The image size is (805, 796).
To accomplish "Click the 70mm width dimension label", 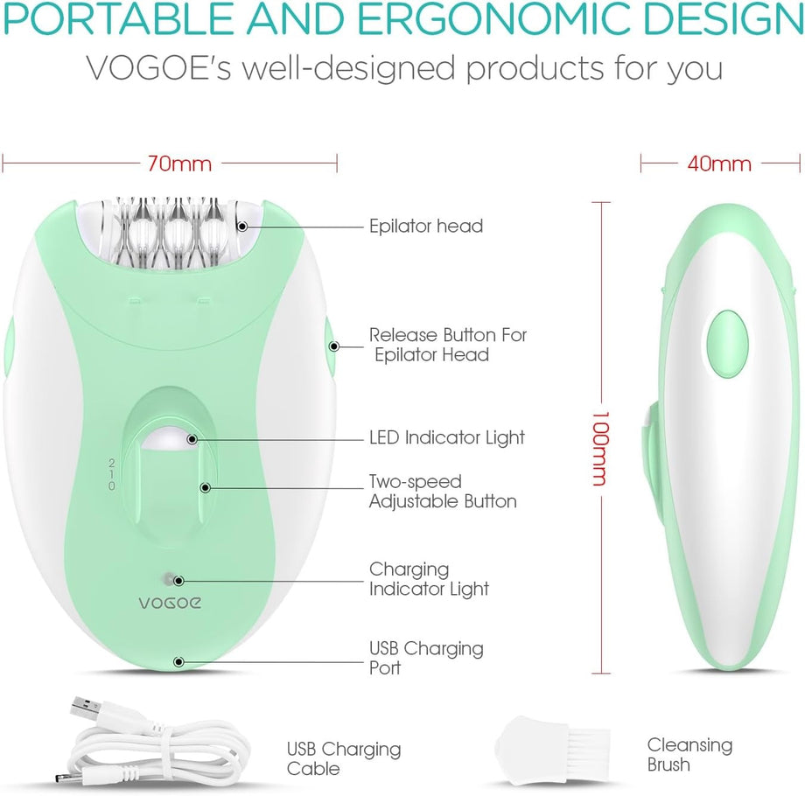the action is coord(179,164).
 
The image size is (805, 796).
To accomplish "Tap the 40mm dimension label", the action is coord(718,164).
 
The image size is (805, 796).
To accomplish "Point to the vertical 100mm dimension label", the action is coord(600,448).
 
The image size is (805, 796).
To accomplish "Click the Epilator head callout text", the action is coord(426,226).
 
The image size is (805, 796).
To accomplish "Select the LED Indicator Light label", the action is coord(446,437).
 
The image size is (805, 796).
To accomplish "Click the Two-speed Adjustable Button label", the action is coord(443,491).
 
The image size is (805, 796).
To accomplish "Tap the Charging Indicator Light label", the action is coord(429,579).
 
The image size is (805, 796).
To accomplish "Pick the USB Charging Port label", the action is coord(426,658).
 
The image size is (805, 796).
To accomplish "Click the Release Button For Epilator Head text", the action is coord(448,345).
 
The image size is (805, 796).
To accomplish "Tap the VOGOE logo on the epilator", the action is coord(170,603).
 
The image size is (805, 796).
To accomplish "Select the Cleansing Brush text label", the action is coord(689,754).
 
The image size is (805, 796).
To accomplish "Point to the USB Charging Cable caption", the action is coord(344,758).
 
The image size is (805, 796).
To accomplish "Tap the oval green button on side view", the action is coord(727,344).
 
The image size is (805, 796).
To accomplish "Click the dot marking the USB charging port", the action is coord(178,662).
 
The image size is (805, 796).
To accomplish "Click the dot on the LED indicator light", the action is coord(192,439).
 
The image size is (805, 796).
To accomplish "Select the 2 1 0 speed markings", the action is coord(111,474).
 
